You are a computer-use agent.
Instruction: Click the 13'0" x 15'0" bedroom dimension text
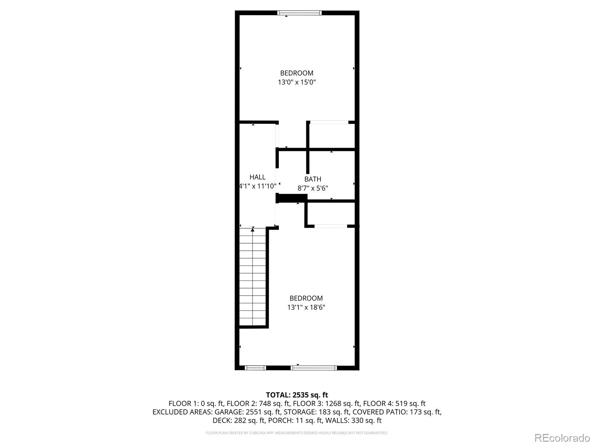[297, 82]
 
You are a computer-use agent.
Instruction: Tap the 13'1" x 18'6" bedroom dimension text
[306, 307]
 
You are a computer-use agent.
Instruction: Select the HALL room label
[257, 177]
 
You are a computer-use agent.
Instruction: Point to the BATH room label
[313, 179]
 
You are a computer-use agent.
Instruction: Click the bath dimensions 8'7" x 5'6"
[313, 188]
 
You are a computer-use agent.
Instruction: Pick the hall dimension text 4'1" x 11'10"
[258, 186]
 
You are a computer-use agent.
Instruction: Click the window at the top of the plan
[299, 13]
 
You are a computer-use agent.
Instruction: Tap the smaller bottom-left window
[255, 368]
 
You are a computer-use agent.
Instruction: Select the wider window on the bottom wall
[314, 368]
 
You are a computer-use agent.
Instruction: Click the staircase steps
[252, 277]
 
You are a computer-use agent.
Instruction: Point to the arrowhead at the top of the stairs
[252, 230]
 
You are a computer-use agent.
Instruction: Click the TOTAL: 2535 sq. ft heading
[297, 395]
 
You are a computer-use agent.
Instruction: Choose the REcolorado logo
[562, 438]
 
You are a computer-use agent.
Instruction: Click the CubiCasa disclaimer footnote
[297, 433]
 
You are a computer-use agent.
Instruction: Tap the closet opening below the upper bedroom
[329, 122]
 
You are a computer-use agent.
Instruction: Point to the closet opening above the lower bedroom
[331, 226]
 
